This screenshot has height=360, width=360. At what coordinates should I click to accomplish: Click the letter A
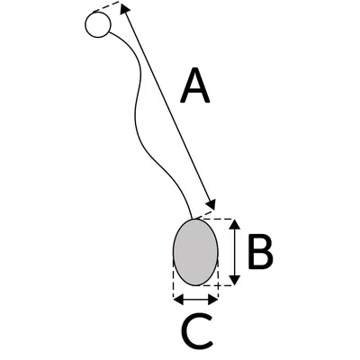194,85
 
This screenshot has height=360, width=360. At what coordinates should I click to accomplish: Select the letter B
260,251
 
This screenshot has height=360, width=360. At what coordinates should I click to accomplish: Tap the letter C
197,331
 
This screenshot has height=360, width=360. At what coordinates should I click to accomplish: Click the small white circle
98,24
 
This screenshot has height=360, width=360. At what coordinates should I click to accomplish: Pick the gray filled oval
195,252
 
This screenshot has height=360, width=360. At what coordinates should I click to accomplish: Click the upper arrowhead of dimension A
124,8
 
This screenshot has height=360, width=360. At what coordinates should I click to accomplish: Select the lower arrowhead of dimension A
211,204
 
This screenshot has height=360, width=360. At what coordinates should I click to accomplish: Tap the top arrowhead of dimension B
236,224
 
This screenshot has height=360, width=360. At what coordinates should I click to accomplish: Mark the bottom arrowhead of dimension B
236,280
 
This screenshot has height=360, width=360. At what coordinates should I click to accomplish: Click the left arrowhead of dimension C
179,300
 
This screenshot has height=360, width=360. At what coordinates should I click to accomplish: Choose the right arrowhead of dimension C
212,300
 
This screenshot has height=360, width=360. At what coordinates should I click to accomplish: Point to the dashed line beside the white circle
106,6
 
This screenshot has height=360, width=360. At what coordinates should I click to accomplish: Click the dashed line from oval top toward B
217,219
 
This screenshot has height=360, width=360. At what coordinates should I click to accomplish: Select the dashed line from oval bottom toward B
215,285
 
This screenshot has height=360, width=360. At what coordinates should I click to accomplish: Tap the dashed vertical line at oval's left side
174,277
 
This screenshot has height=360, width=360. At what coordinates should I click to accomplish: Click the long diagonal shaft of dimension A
167,106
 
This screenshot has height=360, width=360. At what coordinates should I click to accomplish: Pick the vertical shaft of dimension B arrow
236,252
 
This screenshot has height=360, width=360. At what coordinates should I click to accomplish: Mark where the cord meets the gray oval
192,220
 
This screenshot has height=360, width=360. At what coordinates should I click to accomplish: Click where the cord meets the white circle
109,31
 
